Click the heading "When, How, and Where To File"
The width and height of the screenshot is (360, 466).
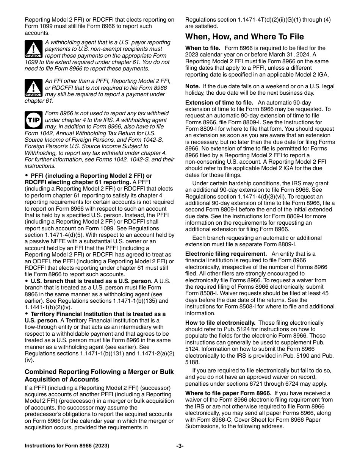244,37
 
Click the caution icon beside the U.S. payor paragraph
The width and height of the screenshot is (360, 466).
33,49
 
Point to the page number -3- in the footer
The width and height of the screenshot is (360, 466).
180,446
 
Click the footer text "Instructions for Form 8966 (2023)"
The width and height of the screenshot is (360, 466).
67,446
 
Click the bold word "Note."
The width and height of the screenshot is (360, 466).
193,86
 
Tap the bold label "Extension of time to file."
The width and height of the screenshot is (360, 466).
219,103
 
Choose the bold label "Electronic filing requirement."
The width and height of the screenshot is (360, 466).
226,254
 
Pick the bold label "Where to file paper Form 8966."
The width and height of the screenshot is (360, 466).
228,393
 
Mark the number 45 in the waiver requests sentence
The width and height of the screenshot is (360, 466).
325,293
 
